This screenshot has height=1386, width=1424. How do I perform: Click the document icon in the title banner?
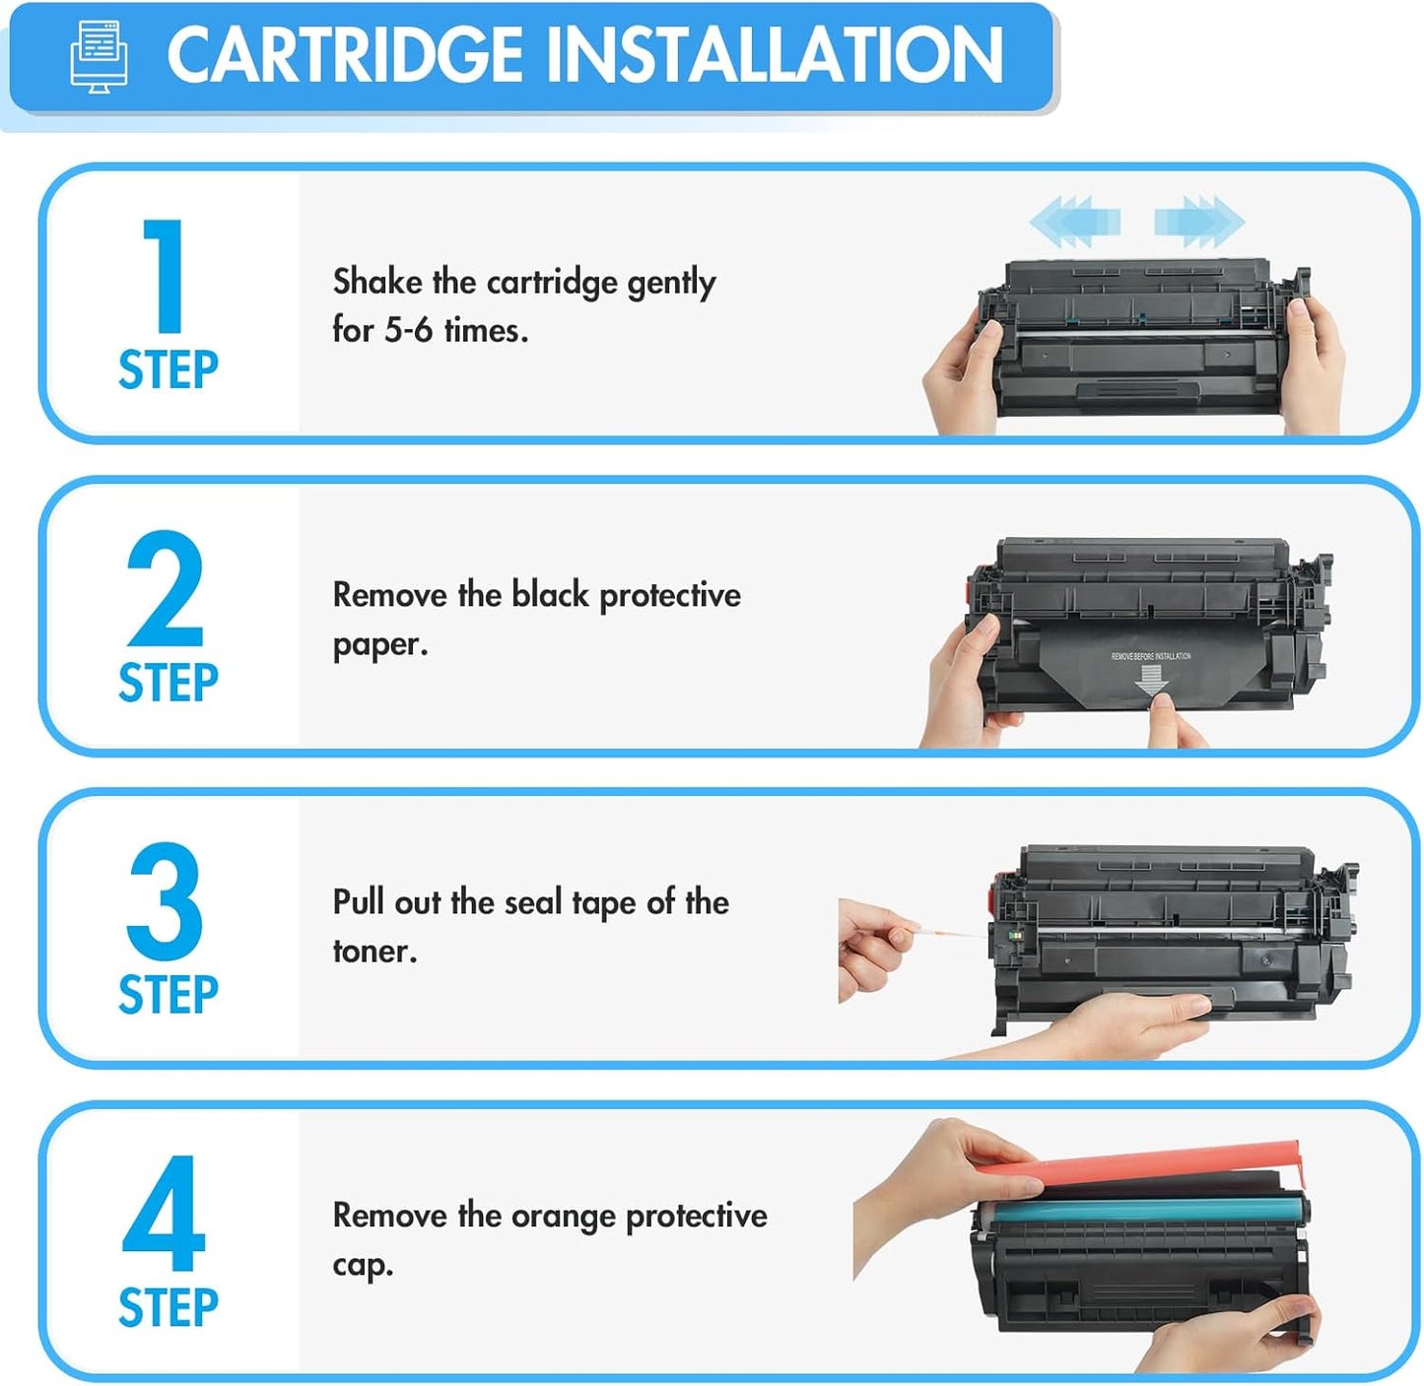(99, 56)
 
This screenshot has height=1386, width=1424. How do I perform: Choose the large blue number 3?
(165, 901)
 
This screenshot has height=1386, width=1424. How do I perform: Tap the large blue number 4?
(165, 1215)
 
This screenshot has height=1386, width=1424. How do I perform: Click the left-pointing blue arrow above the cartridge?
(1075, 221)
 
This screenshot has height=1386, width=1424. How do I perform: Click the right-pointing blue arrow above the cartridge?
(1199, 221)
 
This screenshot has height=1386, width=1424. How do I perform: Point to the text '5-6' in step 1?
(408, 330)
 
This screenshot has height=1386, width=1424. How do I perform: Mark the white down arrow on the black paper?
(1150, 679)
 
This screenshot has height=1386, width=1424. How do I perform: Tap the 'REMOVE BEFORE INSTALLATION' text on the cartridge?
(1150, 656)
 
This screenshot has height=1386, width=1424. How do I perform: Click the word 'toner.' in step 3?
(374, 952)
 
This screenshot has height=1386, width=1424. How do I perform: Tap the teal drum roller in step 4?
(1143, 1207)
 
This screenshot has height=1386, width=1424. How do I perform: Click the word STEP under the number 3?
(168, 995)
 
